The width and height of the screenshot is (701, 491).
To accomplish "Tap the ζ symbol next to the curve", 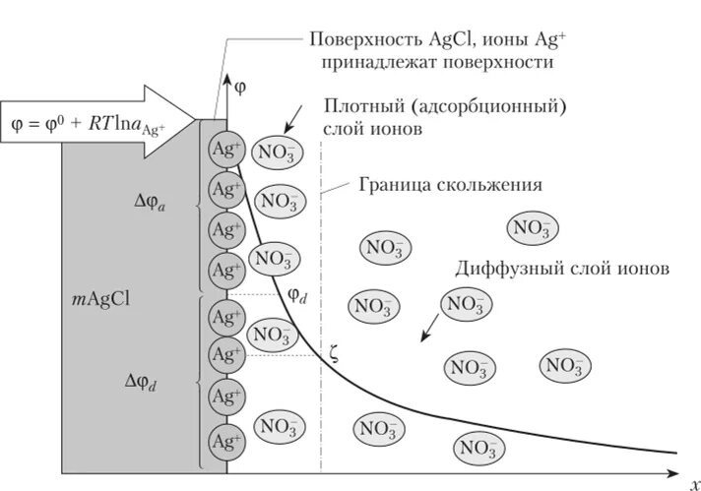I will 334,355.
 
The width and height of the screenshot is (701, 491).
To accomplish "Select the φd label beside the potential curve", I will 298,294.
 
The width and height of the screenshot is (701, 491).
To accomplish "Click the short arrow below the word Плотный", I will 293,119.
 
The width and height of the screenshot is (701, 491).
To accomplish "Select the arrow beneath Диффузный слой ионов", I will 430,330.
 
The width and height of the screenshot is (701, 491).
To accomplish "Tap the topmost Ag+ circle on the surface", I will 225,150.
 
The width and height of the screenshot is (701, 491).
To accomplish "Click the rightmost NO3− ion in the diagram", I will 564,366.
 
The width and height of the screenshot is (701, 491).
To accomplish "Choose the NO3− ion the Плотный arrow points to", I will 279,153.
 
